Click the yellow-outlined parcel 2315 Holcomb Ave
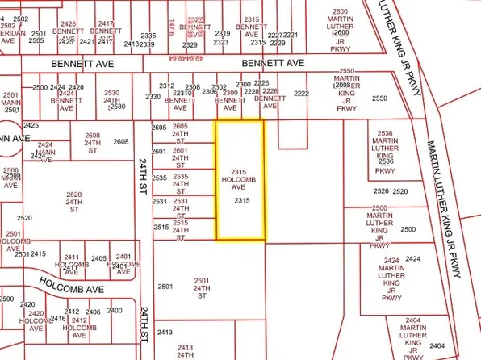239,180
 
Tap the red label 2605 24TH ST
180,132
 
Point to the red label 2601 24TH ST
180,156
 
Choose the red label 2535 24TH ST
180,182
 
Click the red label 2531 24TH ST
180,206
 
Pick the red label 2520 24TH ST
74,200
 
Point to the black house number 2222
302,94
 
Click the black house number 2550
380,98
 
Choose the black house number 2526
381,191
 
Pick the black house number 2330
153,97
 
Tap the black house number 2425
31,125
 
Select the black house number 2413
165,333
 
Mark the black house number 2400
115,311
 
